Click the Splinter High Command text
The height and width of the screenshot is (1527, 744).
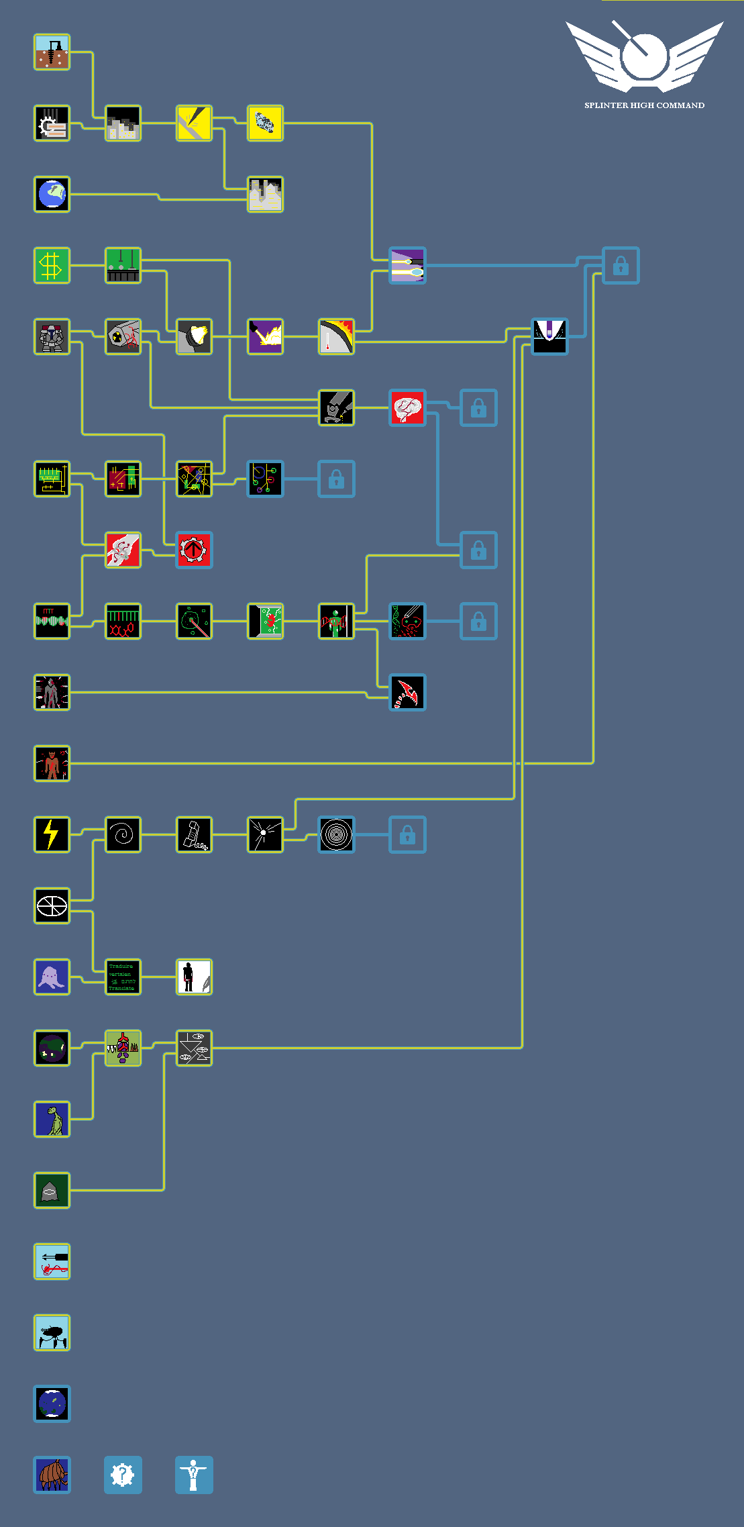644,105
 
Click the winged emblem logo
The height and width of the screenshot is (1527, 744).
644,56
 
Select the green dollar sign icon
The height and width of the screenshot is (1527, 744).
52,265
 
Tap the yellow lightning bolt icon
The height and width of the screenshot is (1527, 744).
52,834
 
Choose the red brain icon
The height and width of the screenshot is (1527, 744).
407,407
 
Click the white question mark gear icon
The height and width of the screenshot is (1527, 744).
123,1475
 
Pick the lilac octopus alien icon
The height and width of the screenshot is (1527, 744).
52,977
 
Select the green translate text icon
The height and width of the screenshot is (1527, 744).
123,977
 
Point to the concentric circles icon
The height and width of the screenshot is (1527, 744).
336,834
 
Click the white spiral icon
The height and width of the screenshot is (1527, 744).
123,834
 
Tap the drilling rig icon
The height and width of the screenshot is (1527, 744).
52,52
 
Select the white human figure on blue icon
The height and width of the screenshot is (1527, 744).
194,1475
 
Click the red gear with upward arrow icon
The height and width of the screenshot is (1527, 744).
194,550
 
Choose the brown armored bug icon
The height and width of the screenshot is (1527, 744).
52,1475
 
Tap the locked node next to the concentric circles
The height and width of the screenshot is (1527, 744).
407,834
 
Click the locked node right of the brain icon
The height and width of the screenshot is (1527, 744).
478,407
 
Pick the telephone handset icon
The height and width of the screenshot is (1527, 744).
194,834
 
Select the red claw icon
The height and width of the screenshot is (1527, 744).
407,692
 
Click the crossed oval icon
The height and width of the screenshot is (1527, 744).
52,905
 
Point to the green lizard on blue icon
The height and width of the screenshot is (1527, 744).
52,1119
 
